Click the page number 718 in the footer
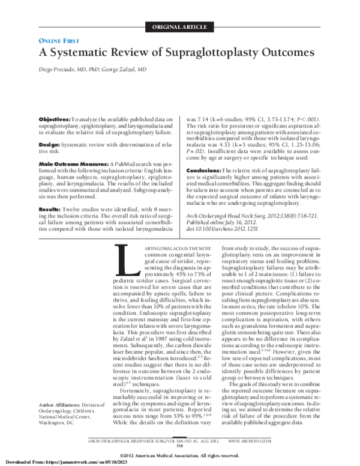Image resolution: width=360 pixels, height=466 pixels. tap(179, 446)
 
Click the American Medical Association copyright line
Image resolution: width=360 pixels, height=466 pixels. tap(179, 455)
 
